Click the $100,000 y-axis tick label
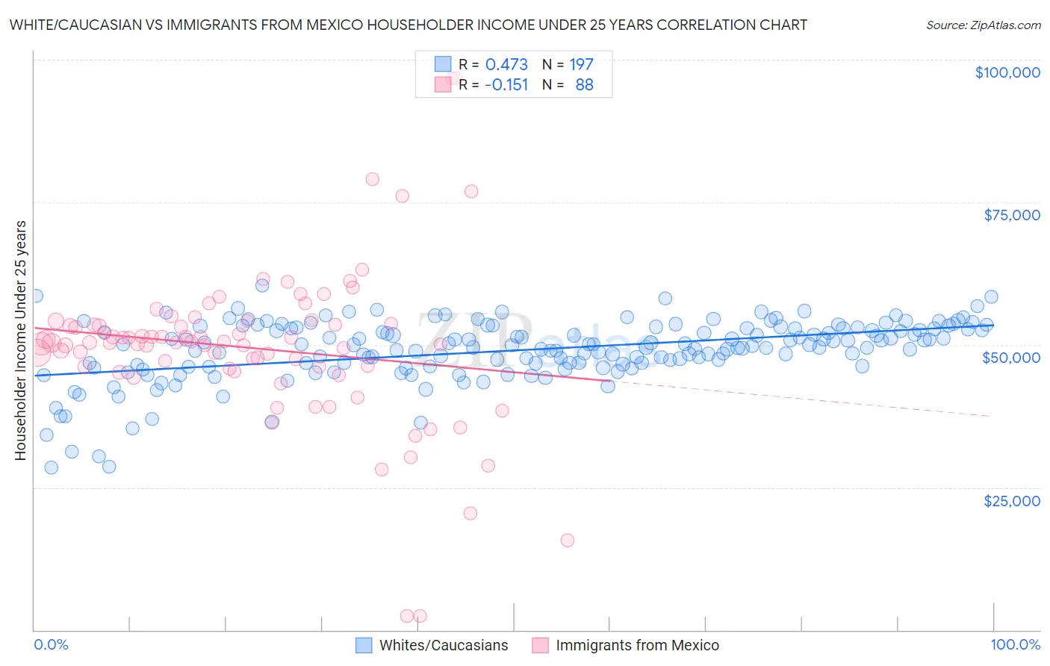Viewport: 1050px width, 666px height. pyautogui.click(x=1007, y=72)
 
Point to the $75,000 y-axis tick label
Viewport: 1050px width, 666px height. pyautogui.click(x=1011, y=215)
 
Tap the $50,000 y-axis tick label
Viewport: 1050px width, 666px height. pyautogui.click(x=1011, y=358)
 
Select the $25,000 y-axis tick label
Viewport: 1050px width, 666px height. pyautogui.click(x=1011, y=501)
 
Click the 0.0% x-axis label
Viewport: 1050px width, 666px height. pyautogui.click(x=51, y=645)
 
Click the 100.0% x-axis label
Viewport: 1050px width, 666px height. pyautogui.click(x=1015, y=645)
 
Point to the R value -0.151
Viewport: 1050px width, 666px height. pyautogui.click(x=506, y=85)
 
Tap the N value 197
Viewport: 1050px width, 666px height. pyautogui.click(x=581, y=65)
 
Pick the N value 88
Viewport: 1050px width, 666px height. pyautogui.click(x=584, y=85)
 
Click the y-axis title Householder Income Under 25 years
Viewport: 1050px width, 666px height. pyautogui.click(x=21, y=340)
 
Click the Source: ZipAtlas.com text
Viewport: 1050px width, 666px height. pyautogui.click(x=983, y=25)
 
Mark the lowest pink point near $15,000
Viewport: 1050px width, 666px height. pyautogui.click(x=568, y=541)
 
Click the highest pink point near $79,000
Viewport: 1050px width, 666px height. pyautogui.click(x=372, y=179)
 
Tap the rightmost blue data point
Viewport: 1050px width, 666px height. pyautogui.click(x=991, y=297)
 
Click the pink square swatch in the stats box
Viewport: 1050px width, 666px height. pyautogui.click(x=443, y=84)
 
